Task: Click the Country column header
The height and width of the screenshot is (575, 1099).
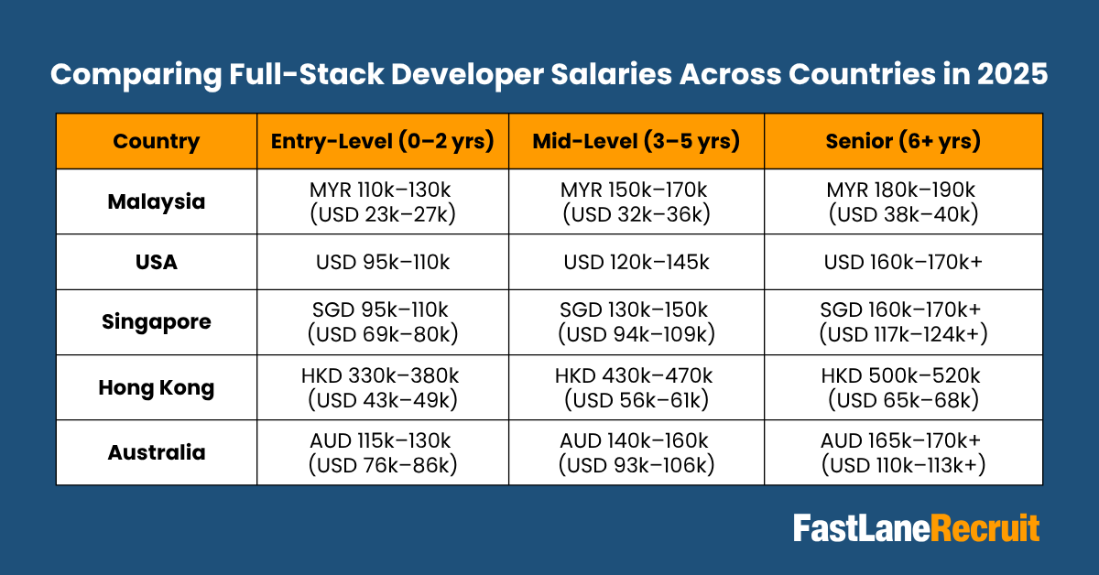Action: tap(156, 142)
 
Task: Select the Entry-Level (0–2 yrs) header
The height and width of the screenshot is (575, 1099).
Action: tap(383, 142)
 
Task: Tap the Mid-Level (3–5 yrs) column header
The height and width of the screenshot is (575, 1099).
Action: tap(637, 142)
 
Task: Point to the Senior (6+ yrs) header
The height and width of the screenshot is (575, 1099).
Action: tap(903, 142)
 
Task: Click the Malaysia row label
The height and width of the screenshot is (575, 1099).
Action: tap(156, 201)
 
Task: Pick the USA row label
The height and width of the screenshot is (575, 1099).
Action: tap(156, 262)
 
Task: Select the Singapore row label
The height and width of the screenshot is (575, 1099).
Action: tap(156, 321)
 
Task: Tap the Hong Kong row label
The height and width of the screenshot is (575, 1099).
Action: tap(156, 386)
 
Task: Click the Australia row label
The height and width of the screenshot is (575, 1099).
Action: tap(156, 452)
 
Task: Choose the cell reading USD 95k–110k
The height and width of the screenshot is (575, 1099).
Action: tap(383, 262)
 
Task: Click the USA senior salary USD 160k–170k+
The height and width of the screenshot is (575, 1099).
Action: tap(903, 262)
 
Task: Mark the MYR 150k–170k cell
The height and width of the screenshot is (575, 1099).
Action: tap(637, 190)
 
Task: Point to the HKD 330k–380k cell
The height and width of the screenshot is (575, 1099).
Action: tap(383, 375)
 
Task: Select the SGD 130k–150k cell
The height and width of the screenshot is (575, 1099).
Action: tap(637, 310)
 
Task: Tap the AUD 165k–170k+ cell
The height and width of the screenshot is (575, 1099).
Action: tap(903, 440)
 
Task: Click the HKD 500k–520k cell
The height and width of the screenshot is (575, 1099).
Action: tap(903, 375)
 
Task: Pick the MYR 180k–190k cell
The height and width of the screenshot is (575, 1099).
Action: tap(903, 190)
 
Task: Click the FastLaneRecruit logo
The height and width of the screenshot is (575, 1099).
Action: tap(916, 528)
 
